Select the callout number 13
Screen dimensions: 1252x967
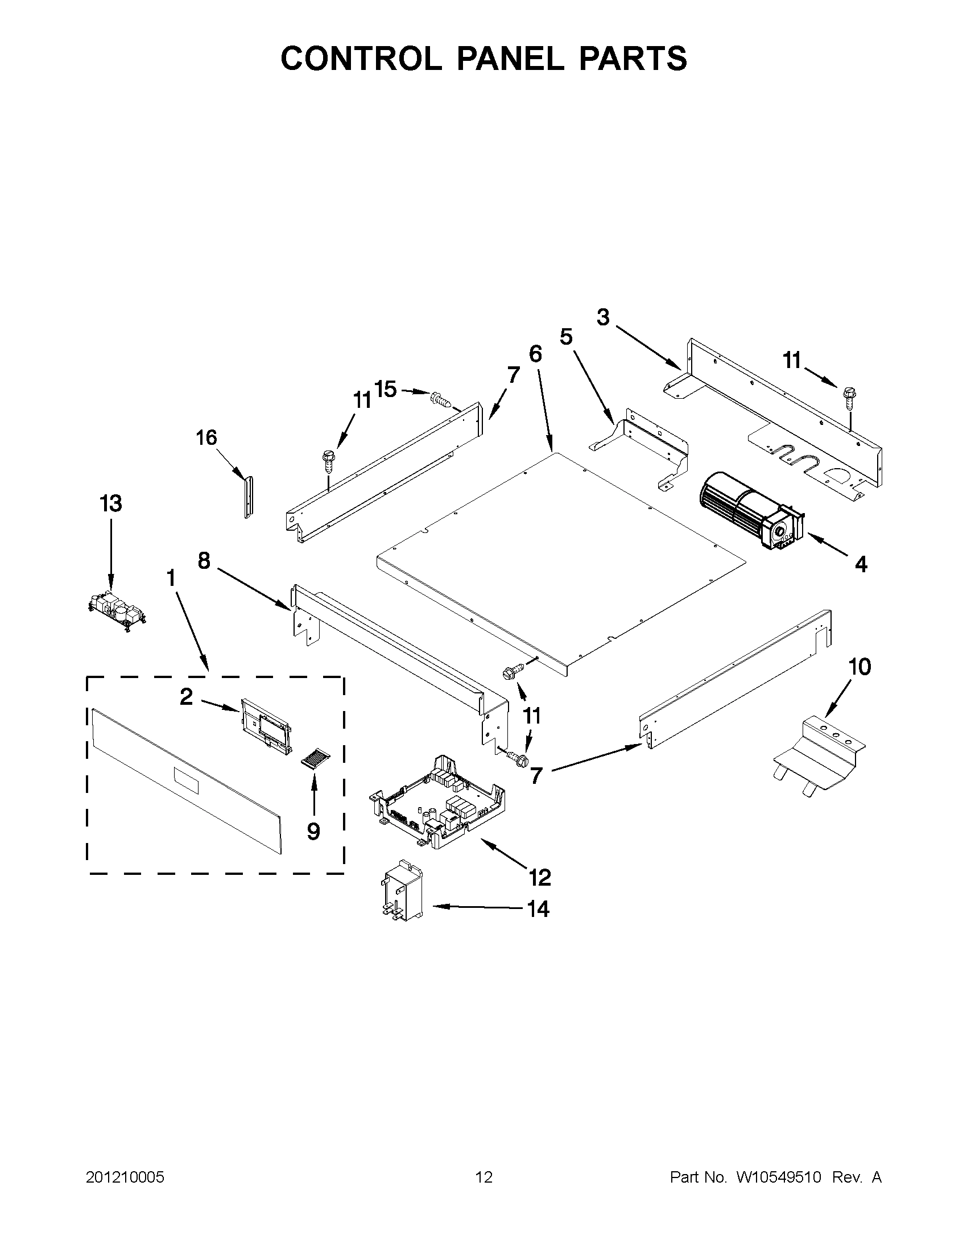pos(110,504)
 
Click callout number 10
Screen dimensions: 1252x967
pos(859,667)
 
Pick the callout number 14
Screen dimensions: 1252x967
pos(538,909)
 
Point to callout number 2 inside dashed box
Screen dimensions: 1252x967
pos(187,696)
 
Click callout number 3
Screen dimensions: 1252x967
pos(603,317)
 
